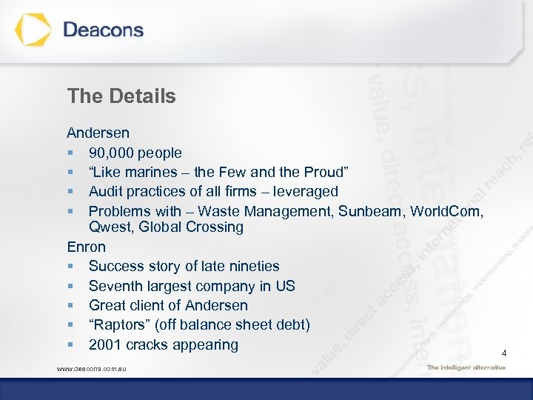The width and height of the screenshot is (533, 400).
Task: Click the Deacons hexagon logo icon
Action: (33, 30)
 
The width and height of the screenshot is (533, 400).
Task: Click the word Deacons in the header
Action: (103, 30)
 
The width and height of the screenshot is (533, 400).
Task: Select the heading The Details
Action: (121, 96)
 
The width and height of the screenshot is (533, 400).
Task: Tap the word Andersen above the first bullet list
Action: (98, 133)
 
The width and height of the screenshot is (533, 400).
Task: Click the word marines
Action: (152, 173)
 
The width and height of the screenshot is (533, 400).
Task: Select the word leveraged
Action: (304, 192)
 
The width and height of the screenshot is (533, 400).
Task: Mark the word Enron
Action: (86, 247)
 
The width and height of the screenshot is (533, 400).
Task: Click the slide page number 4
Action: (504, 354)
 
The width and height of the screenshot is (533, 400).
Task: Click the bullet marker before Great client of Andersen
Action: (70, 306)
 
